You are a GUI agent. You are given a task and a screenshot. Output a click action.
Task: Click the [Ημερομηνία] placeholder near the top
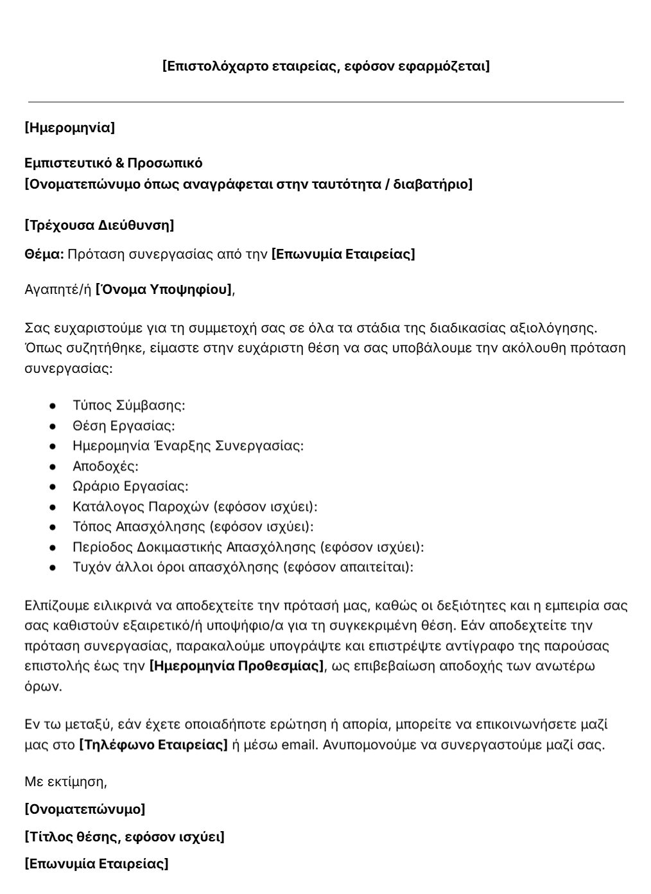tap(69, 128)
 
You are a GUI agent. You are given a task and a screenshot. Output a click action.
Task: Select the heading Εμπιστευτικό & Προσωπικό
tap(113, 163)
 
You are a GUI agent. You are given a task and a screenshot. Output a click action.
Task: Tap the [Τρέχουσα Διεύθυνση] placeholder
tap(99, 225)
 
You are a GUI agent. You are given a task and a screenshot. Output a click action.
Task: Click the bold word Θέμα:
tap(44, 254)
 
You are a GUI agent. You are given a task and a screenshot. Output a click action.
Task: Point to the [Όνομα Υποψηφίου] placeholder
tap(164, 289)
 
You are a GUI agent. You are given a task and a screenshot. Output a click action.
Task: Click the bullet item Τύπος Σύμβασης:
tap(129, 406)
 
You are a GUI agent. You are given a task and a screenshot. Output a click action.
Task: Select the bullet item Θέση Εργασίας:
tap(124, 426)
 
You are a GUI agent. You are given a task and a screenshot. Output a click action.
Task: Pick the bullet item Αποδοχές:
tap(105, 466)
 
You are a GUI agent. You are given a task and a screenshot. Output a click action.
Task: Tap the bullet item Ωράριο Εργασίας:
tap(130, 486)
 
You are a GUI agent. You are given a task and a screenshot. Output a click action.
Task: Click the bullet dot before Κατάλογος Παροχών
tap(53, 507)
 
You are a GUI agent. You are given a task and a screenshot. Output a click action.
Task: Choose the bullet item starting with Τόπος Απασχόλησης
tap(193, 527)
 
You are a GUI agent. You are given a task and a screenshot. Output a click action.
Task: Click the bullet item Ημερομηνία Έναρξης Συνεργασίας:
tap(188, 446)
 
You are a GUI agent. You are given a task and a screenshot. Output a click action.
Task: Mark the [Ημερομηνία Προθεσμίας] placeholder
tap(236, 666)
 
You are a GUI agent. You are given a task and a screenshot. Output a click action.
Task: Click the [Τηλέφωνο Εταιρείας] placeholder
tap(153, 745)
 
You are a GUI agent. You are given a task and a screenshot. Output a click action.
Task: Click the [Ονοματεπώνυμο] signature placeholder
tap(85, 809)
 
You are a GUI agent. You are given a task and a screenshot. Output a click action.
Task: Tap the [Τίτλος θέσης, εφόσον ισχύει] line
tap(125, 837)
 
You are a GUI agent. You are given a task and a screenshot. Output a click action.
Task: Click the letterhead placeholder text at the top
tap(325, 66)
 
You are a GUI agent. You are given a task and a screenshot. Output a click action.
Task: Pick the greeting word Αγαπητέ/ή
tap(58, 289)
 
